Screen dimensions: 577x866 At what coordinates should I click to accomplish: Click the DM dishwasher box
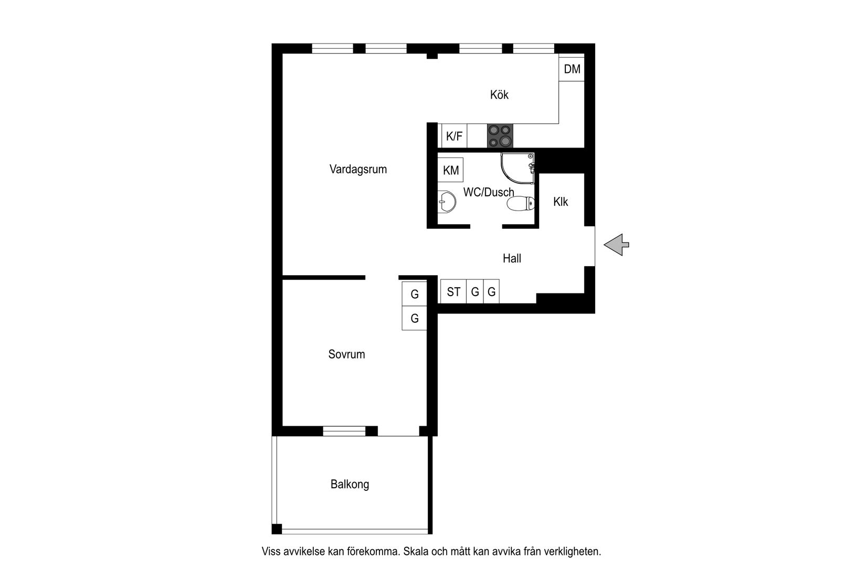point(572,69)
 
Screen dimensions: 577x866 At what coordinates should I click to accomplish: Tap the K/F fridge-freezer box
point(454,137)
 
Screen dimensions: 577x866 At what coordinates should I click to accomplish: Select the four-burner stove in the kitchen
point(500,135)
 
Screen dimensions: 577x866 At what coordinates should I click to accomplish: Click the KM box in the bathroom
point(450,170)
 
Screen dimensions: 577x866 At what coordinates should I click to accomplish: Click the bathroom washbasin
point(446,202)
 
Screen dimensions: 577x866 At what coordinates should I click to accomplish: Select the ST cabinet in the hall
point(453,292)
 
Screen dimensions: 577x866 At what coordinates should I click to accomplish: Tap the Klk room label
point(561,202)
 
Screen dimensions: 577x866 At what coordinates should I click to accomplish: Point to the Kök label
point(499,95)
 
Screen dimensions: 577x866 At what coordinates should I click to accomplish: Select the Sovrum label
point(346,354)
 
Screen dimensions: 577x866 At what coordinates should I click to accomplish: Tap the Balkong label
point(350,484)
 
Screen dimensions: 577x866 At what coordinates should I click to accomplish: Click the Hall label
point(512,258)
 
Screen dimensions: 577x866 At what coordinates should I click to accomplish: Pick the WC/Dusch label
point(488,192)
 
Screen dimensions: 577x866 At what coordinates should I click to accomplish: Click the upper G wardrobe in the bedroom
point(414,294)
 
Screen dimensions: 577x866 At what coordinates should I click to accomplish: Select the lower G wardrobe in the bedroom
point(414,318)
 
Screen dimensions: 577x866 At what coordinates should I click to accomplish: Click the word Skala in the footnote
point(417,552)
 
